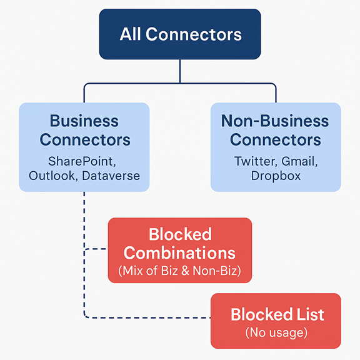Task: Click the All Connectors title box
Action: click(180, 34)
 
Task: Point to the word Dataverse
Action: click(111, 176)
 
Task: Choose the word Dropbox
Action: click(276, 176)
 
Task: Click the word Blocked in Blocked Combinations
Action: click(180, 234)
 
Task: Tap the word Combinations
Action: click(179, 252)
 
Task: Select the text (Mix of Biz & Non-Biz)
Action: click(179, 271)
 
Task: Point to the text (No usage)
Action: click(276, 332)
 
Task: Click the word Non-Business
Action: click(275, 121)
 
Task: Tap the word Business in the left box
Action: click(84, 121)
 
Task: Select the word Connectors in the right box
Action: click(276, 139)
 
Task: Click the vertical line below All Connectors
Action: click(180, 71)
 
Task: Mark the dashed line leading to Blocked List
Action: click(147, 317)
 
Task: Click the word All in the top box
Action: click(130, 34)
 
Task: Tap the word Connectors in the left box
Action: click(85, 139)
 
